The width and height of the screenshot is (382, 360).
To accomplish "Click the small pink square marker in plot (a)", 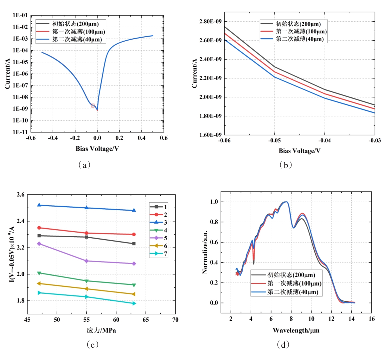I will pyautogui.click(x=93, y=105).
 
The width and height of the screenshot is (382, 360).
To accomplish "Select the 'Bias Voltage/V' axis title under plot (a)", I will pyautogui.click(x=97, y=149).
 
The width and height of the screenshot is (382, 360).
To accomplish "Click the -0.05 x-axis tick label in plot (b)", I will pyautogui.click(x=275, y=141).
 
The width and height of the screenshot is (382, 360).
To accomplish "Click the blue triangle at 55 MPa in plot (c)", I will pyautogui.click(x=87, y=208).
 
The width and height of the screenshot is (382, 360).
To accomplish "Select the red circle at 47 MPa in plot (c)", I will pyautogui.click(x=39, y=228).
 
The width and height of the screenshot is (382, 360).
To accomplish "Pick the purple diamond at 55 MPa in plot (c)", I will pyautogui.click(x=87, y=261).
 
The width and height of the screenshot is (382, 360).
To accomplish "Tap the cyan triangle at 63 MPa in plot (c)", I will pyautogui.click(x=134, y=303).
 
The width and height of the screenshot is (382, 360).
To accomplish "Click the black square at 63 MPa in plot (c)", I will pyautogui.click(x=134, y=244).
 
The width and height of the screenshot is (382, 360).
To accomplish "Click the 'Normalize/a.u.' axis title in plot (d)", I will pyautogui.click(x=205, y=252).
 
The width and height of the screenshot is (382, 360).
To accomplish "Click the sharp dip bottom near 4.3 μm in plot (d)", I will pyautogui.click(x=254, y=264).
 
